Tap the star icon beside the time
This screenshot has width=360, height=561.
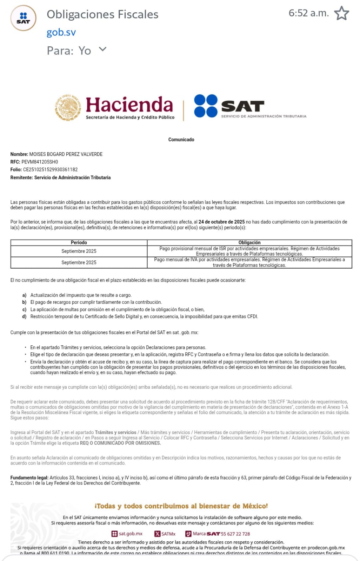pos(341,13)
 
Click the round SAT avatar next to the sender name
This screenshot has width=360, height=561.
pos(23,18)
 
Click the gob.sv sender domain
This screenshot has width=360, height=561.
pos(61,32)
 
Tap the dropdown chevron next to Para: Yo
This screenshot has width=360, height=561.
pos(102,49)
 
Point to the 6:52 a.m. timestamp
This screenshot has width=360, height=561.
pos(308,13)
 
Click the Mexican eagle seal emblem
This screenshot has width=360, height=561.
pos(68,108)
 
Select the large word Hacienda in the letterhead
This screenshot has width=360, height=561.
pos(129,105)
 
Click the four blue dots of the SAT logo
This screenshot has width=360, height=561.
pos(206,106)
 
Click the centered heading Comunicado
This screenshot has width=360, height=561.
pos(181,140)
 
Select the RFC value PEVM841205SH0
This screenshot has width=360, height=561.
pos(40,162)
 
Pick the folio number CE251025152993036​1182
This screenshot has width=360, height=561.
pos(50,170)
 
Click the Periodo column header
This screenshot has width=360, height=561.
pos(79,243)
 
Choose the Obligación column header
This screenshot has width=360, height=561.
pos(249,243)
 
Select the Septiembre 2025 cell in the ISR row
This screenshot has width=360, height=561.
pos(79,251)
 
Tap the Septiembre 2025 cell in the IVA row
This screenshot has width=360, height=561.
pos(79,263)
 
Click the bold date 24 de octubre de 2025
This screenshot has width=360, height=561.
pos(221,222)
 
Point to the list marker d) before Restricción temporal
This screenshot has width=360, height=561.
pos(24,317)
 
